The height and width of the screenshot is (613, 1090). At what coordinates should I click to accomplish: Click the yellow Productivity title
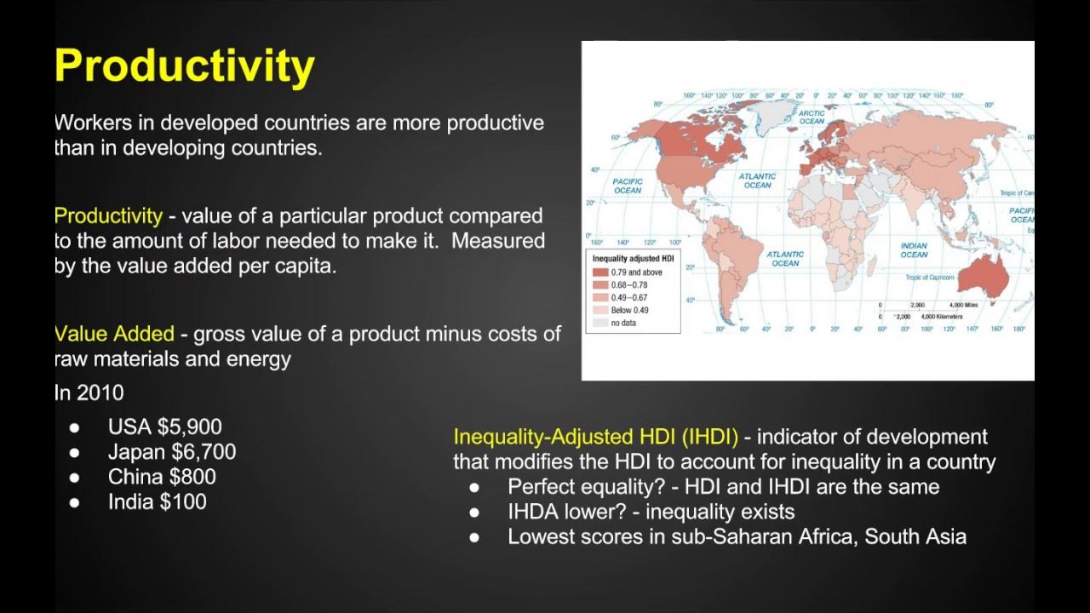click(184, 66)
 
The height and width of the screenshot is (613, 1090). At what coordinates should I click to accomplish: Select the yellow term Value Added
click(114, 334)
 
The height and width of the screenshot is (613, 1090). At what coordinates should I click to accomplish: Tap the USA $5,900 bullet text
click(164, 427)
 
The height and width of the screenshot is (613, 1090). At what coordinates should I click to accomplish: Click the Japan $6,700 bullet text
click(172, 452)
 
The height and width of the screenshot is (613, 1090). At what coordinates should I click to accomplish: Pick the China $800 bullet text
click(162, 477)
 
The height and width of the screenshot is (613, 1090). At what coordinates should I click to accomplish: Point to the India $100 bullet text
click(157, 502)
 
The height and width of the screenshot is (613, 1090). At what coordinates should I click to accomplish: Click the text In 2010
click(89, 392)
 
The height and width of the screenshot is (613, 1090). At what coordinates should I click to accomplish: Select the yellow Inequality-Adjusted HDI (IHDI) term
click(595, 437)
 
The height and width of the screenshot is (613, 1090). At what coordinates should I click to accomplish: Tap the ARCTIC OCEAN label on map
click(812, 117)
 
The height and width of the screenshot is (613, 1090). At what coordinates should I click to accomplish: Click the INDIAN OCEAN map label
click(914, 250)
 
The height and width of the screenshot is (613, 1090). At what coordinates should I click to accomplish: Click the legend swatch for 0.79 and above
click(600, 272)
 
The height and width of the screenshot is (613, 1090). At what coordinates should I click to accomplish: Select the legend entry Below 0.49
click(629, 310)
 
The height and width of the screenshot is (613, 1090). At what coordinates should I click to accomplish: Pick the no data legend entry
click(624, 323)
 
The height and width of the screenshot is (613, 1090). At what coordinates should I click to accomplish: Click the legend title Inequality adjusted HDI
click(634, 257)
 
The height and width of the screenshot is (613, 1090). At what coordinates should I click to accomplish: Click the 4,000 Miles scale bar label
click(962, 305)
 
